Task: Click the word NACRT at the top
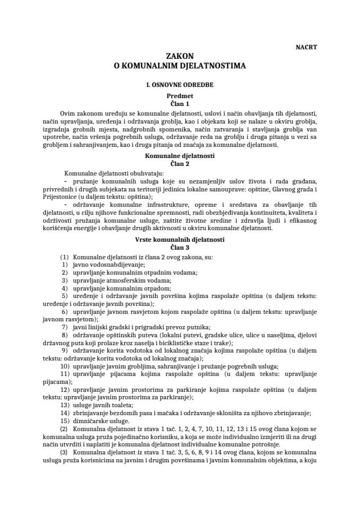point(306,47)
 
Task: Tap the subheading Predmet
point(180,96)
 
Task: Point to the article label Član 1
point(180,104)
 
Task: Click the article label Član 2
point(180,164)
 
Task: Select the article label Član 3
point(180,247)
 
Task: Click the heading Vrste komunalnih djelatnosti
point(180,240)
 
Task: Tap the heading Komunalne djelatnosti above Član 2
point(180,156)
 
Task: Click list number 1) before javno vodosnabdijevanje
point(64,265)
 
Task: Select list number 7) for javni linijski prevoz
point(64,327)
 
